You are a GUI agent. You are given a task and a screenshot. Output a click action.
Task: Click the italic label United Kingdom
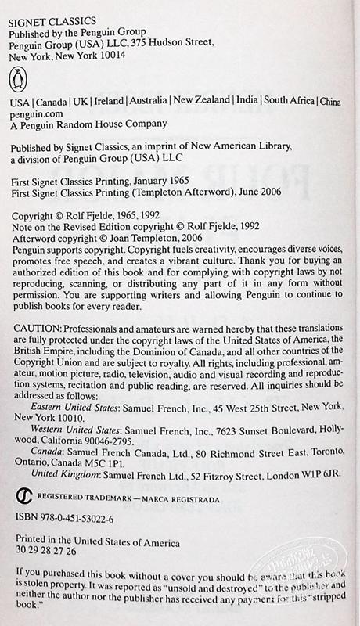click(x=63, y=495)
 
